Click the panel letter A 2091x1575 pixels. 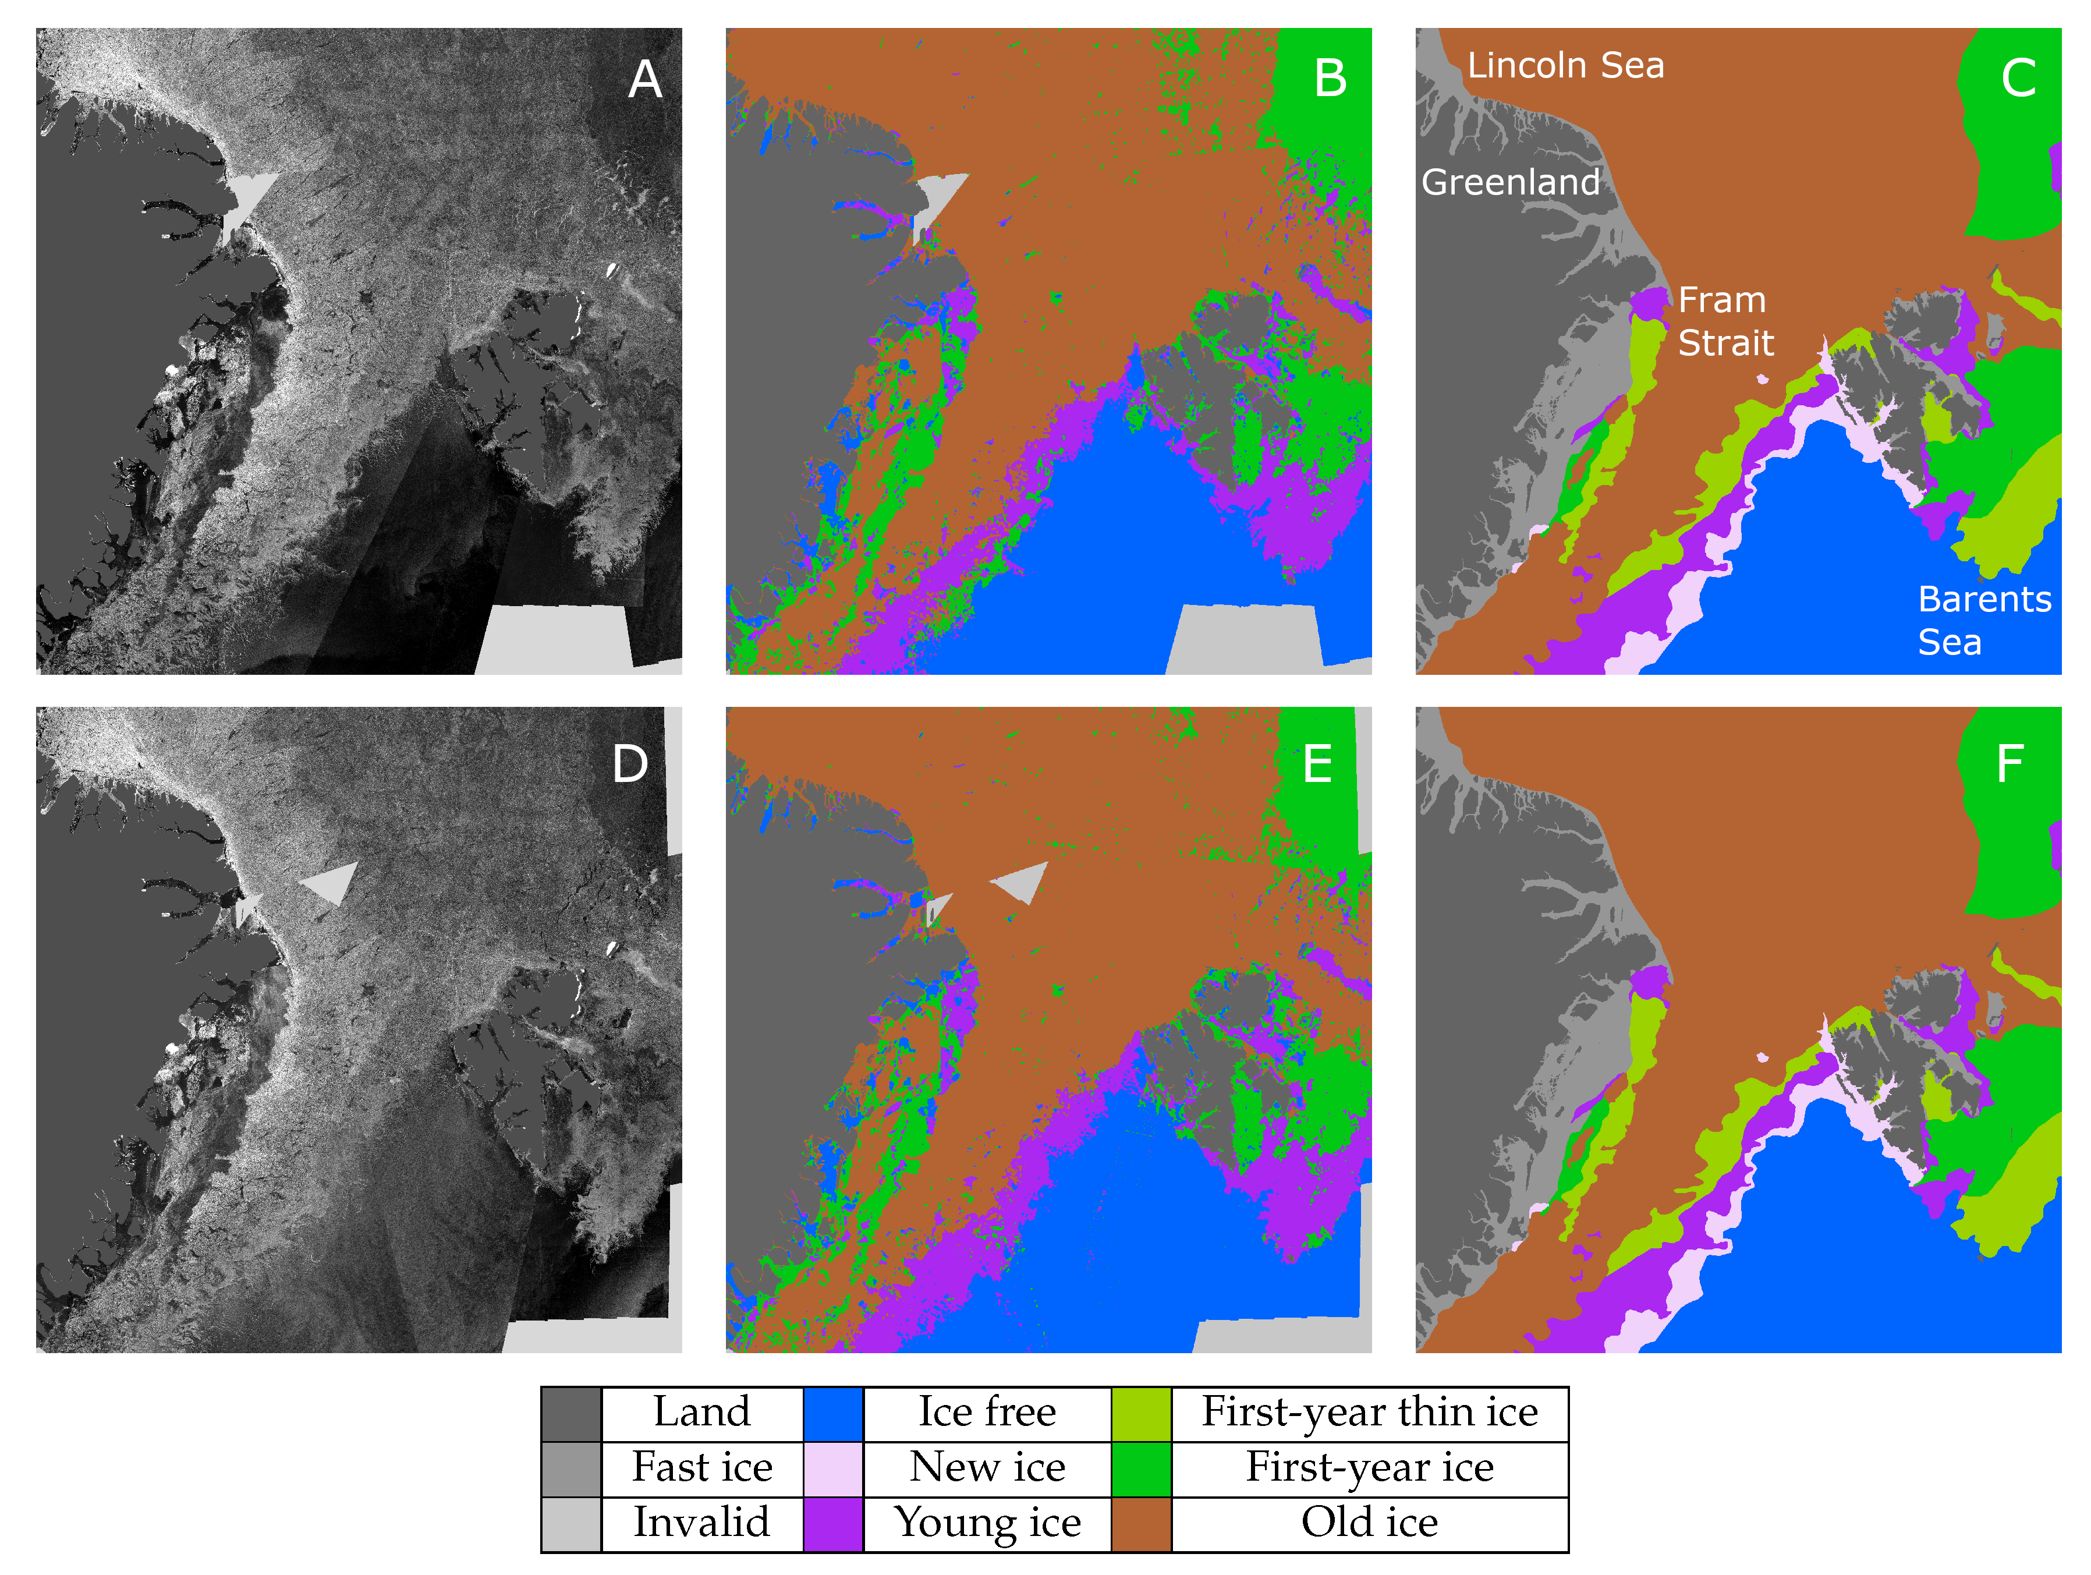(x=646, y=79)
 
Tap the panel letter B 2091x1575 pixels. (x=1330, y=79)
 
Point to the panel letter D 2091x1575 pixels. (x=630, y=764)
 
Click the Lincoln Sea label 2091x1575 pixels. (x=1565, y=65)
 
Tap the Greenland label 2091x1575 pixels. (x=1511, y=182)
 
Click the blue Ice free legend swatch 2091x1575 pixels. (x=833, y=1414)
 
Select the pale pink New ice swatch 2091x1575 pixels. (x=833, y=1469)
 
